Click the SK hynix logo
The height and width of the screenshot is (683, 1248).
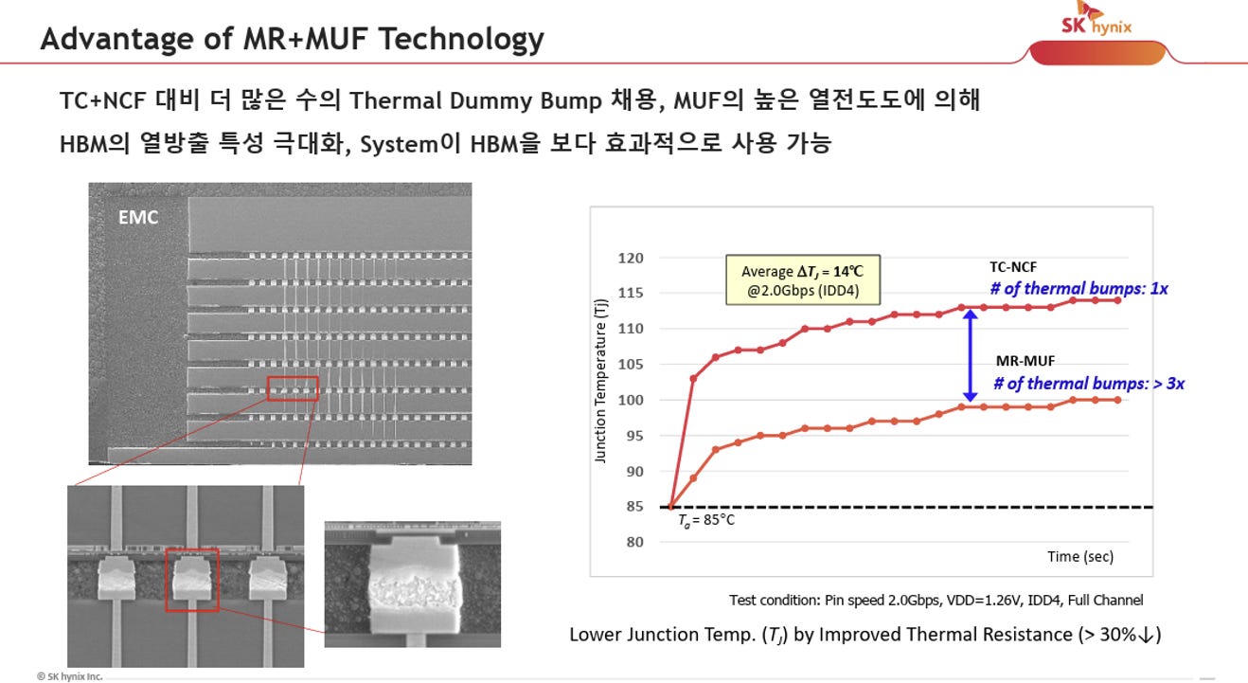click(x=1097, y=19)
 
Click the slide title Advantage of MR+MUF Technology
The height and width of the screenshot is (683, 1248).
click(x=292, y=39)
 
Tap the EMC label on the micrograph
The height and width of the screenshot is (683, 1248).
click(x=138, y=217)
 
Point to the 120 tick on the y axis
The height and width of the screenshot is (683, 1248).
click(x=631, y=259)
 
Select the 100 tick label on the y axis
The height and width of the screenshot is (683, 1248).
click(x=631, y=400)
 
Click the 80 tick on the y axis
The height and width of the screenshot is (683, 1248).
click(x=634, y=542)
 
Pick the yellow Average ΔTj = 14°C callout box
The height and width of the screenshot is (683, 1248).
click(x=803, y=279)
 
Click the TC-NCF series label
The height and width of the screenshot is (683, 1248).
click(x=1013, y=267)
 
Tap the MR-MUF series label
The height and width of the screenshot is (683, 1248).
click(x=1025, y=361)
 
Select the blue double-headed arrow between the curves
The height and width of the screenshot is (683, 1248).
click(x=970, y=356)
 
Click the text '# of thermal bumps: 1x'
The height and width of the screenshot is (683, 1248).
click(x=1079, y=288)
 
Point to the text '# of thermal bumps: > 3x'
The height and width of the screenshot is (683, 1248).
click(x=1089, y=384)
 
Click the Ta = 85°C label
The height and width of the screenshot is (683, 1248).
click(x=705, y=520)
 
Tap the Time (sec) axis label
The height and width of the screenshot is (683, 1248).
click(x=1080, y=556)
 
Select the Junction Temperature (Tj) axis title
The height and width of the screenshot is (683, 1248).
click(x=600, y=381)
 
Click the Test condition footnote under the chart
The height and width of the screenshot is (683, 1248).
click(x=936, y=600)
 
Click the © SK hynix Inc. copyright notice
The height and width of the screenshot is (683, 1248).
click(x=70, y=676)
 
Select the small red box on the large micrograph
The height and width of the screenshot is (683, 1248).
click(x=293, y=388)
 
